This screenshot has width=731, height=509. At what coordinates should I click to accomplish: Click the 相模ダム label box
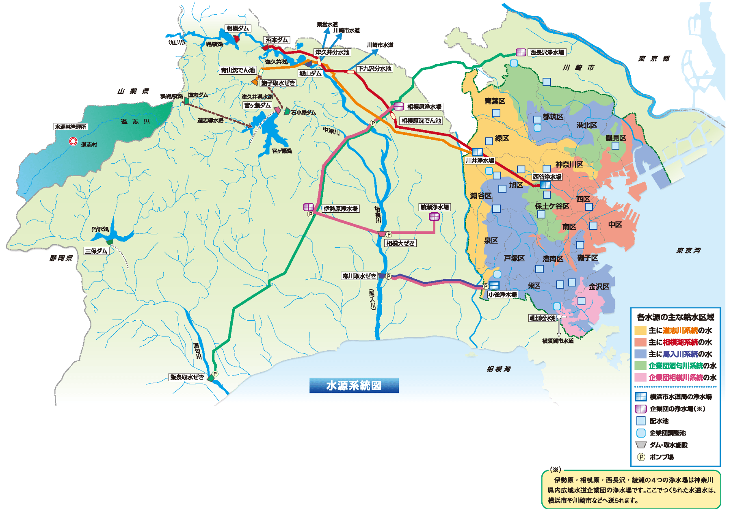point(238,28)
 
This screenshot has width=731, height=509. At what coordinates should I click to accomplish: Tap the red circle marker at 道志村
point(73,141)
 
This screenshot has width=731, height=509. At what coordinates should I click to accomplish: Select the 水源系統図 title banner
point(354,386)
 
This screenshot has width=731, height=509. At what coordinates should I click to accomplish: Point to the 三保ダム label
point(96,251)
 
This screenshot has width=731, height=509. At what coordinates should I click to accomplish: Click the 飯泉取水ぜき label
point(187,377)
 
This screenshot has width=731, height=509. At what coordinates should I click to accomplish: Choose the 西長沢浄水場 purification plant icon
point(521,52)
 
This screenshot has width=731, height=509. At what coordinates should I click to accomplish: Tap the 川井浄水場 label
point(480,160)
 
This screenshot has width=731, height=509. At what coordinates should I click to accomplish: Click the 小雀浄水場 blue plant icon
point(494,285)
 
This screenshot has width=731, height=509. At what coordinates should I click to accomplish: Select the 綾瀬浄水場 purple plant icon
point(434,216)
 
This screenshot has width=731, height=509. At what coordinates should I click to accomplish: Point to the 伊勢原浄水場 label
point(340,209)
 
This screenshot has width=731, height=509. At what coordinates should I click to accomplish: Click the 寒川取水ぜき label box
point(359,276)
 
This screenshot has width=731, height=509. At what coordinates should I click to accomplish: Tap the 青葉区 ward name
point(495,101)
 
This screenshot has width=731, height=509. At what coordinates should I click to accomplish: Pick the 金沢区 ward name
point(599,287)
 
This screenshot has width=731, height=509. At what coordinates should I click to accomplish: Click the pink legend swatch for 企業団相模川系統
point(640,377)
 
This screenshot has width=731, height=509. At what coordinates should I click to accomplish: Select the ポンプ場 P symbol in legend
point(641,457)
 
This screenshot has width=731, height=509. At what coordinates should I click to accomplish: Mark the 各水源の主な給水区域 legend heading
point(675,317)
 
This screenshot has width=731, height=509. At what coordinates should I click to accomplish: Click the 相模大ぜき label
point(400,243)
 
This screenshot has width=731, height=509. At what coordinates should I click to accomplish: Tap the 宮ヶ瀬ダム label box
point(257,105)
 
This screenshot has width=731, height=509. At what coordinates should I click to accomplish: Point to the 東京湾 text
point(688,250)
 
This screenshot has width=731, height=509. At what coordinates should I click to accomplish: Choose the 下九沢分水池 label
point(374,69)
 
